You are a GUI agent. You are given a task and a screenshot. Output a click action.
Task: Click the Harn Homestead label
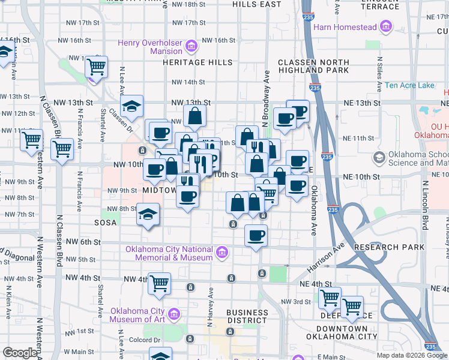pos(345,27)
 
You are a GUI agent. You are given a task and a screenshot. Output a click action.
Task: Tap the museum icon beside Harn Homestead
pos(385,27)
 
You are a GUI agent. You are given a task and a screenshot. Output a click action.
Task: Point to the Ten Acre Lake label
pos(409,85)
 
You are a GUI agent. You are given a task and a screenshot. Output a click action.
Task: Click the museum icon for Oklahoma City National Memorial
pos(222,252)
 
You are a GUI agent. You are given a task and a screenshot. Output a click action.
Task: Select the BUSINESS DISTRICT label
pos(247,316)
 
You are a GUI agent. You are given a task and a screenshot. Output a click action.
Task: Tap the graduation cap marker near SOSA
pos(148,215)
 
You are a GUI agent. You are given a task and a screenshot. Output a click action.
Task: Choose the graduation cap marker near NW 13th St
pos(131,106)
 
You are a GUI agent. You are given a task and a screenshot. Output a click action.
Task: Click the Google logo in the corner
pos(20,353)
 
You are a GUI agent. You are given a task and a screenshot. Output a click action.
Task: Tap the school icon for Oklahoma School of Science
pos(379,158)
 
